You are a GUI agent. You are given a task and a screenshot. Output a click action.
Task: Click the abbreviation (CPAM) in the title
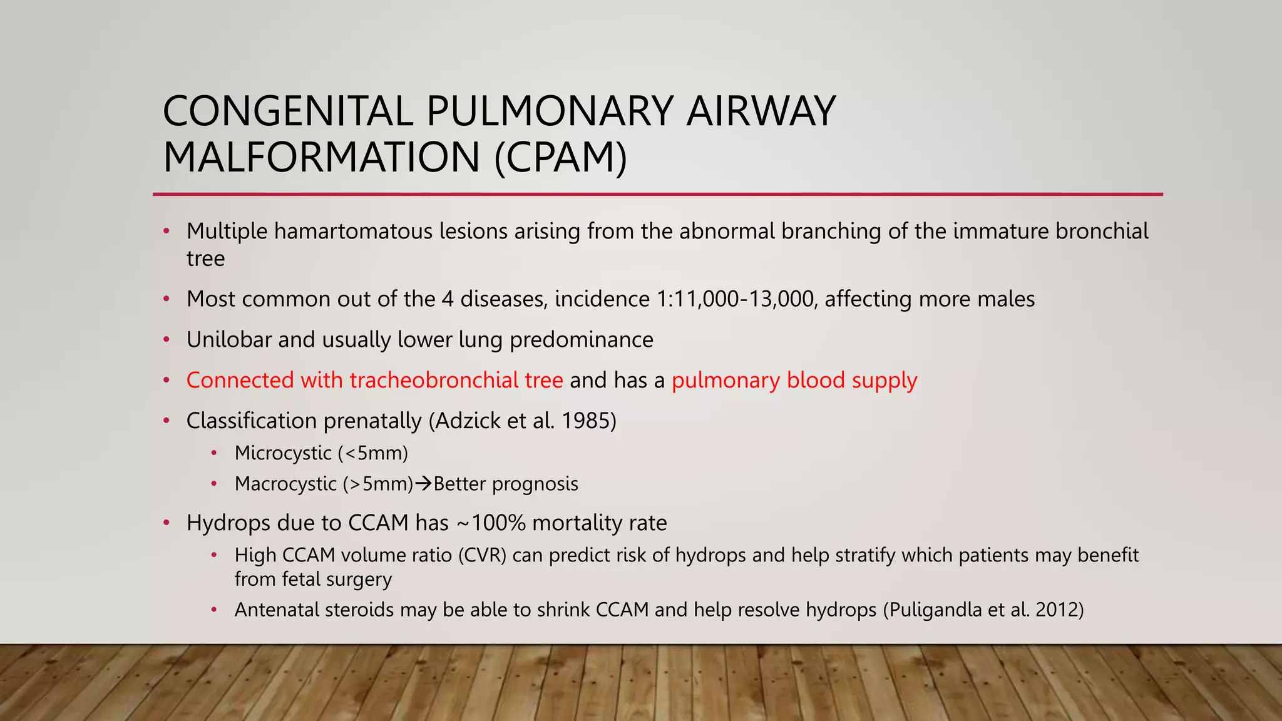pos(560,157)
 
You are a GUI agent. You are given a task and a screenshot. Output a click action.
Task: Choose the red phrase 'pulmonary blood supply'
pos(794,381)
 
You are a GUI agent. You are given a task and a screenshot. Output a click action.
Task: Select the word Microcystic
pos(283,453)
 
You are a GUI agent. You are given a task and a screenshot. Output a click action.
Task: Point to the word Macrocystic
pos(285,484)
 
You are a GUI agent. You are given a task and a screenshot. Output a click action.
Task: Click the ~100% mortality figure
pos(491,523)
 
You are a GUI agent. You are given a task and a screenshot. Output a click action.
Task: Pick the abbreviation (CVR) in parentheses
pos(482,555)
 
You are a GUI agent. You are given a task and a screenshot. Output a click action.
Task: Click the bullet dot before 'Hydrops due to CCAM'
pos(167,523)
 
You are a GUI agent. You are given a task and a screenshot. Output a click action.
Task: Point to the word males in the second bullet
pos(1005,299)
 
